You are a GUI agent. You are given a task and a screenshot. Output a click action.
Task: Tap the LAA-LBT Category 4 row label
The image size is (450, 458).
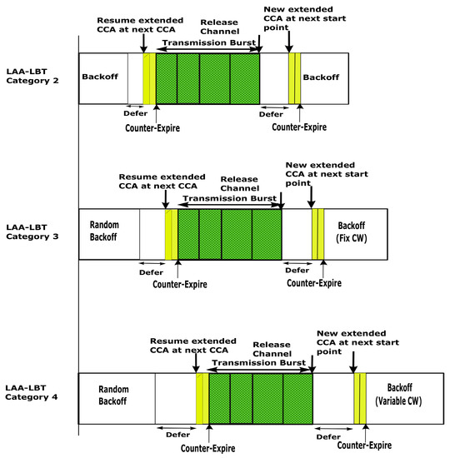pos(32,393)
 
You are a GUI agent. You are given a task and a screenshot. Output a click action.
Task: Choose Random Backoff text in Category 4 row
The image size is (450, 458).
pos(116,395)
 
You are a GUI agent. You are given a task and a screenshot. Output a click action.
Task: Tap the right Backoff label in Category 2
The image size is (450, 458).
pos(321,77)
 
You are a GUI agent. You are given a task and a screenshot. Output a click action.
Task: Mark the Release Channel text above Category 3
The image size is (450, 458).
pos(240,184)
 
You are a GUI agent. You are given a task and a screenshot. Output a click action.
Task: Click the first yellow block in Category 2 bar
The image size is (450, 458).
pos(149,79)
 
